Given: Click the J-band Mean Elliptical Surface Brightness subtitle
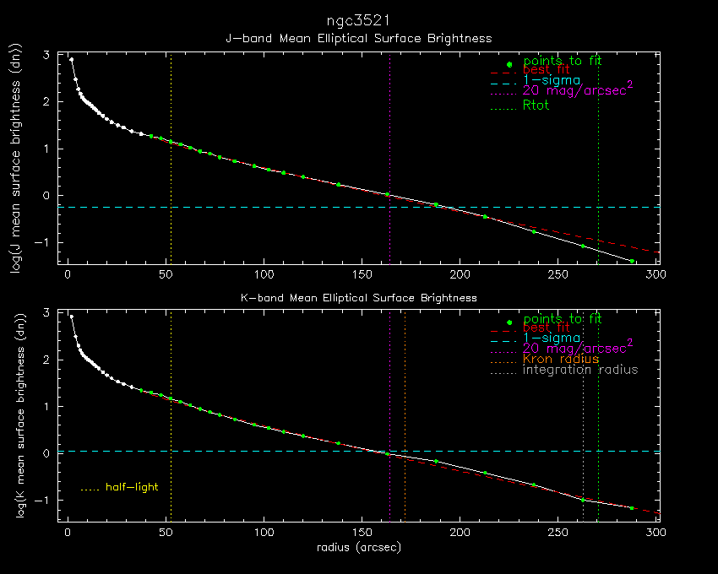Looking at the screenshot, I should point(358,39).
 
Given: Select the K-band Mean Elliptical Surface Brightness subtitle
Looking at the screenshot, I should point(358,298).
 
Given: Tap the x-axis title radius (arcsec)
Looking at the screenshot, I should point(358,548).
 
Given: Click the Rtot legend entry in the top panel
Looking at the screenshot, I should point(536,106).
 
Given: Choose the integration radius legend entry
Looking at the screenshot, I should point(579,370).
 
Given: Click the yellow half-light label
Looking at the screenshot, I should point(132,487).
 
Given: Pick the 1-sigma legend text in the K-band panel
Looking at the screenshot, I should point(550,338).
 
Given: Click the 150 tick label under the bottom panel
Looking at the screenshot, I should point(362,533).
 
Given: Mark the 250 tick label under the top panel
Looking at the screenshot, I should point(558,274).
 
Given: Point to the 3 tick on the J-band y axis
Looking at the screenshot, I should point(47,56).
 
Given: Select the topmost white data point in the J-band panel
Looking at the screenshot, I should point(72,60).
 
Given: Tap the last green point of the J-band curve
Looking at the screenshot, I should point(632,262).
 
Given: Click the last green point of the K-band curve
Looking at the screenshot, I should point(632,508).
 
